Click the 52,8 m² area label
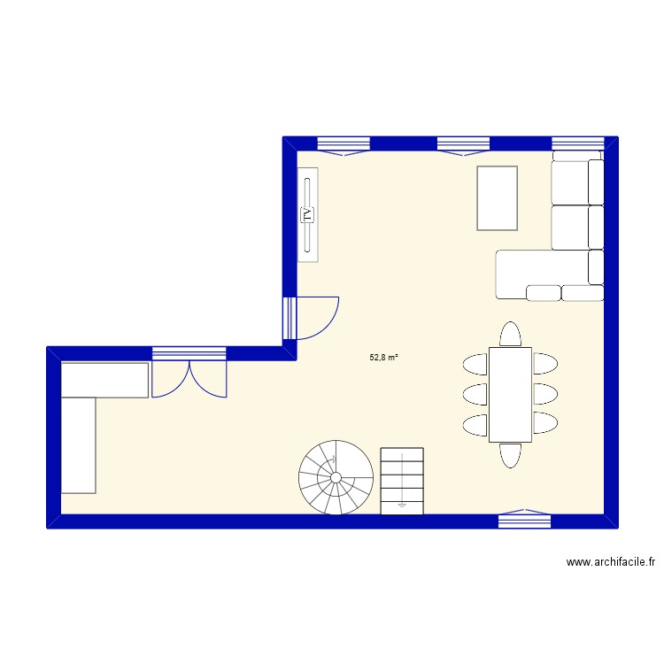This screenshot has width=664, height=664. [383, 359]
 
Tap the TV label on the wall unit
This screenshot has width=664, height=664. [308, 214]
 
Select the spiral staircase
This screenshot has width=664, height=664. [336, 478]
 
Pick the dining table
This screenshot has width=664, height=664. [510, 394]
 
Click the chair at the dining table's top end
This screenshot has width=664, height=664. [510, 334]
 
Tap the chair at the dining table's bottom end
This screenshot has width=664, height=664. [510, 454]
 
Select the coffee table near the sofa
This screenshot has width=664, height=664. [497, 197]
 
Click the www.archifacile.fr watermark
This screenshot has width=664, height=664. [612, 561]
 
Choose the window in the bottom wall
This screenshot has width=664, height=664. [525, 520]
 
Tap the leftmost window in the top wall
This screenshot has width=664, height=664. [343, 144]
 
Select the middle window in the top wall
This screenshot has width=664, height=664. [463, 144]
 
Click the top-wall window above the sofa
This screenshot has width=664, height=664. [577, 144]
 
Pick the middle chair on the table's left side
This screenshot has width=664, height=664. [475, 393]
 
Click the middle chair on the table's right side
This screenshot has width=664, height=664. [544, 393]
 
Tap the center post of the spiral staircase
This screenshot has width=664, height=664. [336, 478]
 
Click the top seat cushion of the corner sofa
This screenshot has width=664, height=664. [571, 182]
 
